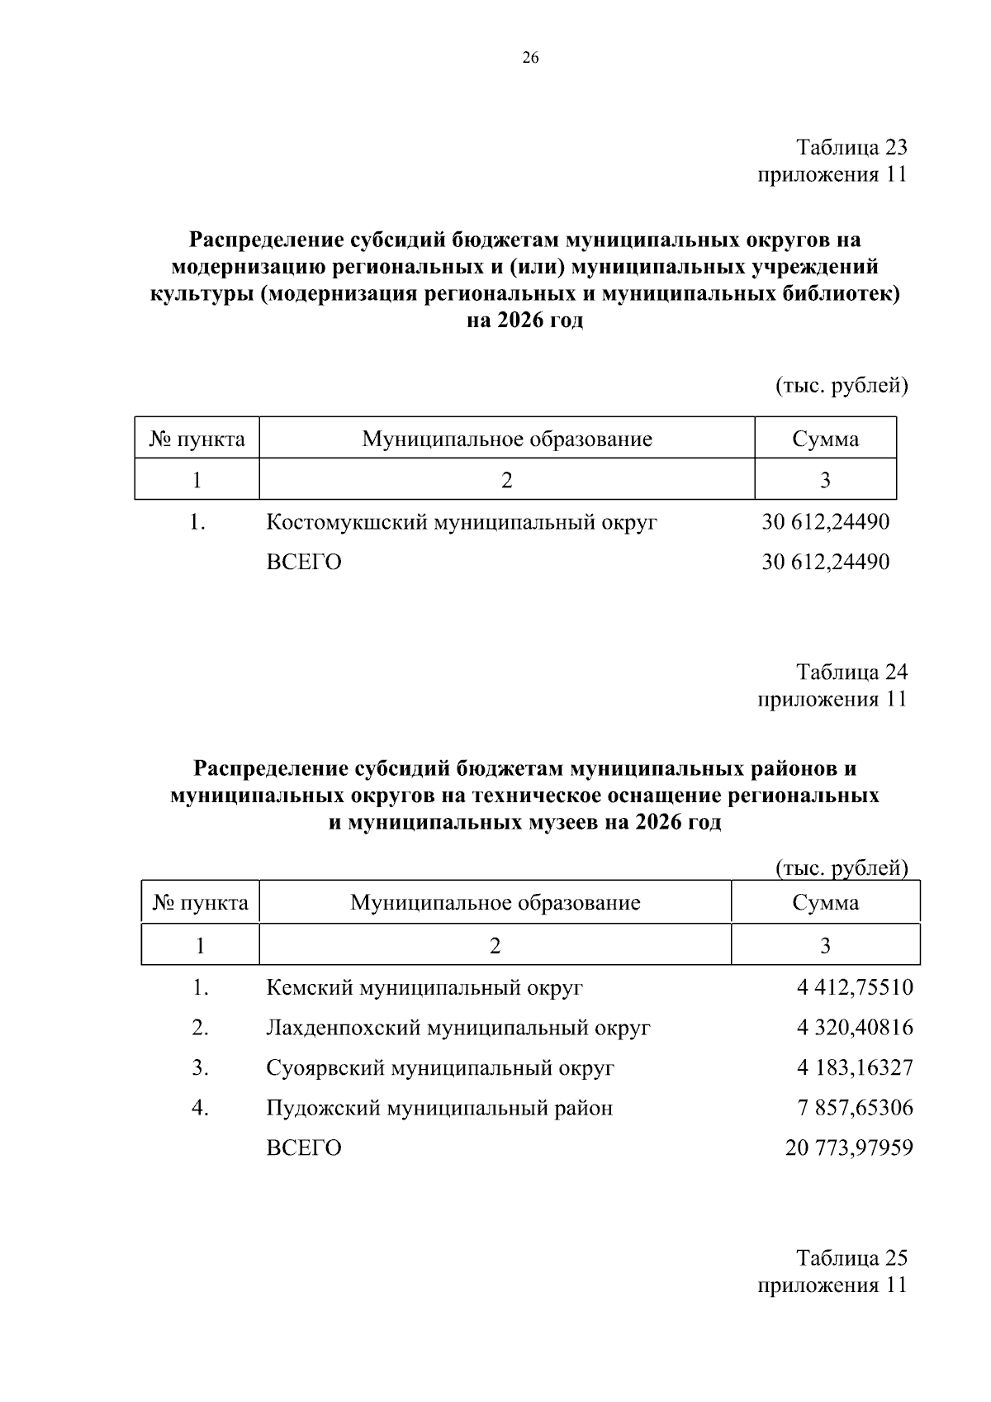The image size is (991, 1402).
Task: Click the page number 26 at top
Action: tap(530, 57)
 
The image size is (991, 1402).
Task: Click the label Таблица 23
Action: tap(851, 147)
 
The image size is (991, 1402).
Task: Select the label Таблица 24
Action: tap(851, 671)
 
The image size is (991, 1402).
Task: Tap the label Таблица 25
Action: tap(851, 1257)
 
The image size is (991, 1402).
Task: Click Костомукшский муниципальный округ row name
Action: tap(461, 522)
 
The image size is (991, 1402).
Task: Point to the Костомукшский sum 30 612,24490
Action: tap(825, 522)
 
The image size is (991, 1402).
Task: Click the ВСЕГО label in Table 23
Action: tap(303, 563)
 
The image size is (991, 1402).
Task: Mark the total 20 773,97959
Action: tap(849, 1148)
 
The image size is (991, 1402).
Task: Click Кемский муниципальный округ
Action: tap(424, 987)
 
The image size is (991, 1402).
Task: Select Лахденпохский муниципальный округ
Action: tap(458, 1028)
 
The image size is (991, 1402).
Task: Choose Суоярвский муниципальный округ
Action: tap(440, 1067)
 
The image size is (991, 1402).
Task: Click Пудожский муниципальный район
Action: tap(439, 1107)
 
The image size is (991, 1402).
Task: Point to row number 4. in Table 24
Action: tap(200, 1107)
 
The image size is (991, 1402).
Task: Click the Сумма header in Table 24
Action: tap(825, 902)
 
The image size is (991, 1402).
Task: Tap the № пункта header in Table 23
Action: tap(197, 439)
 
